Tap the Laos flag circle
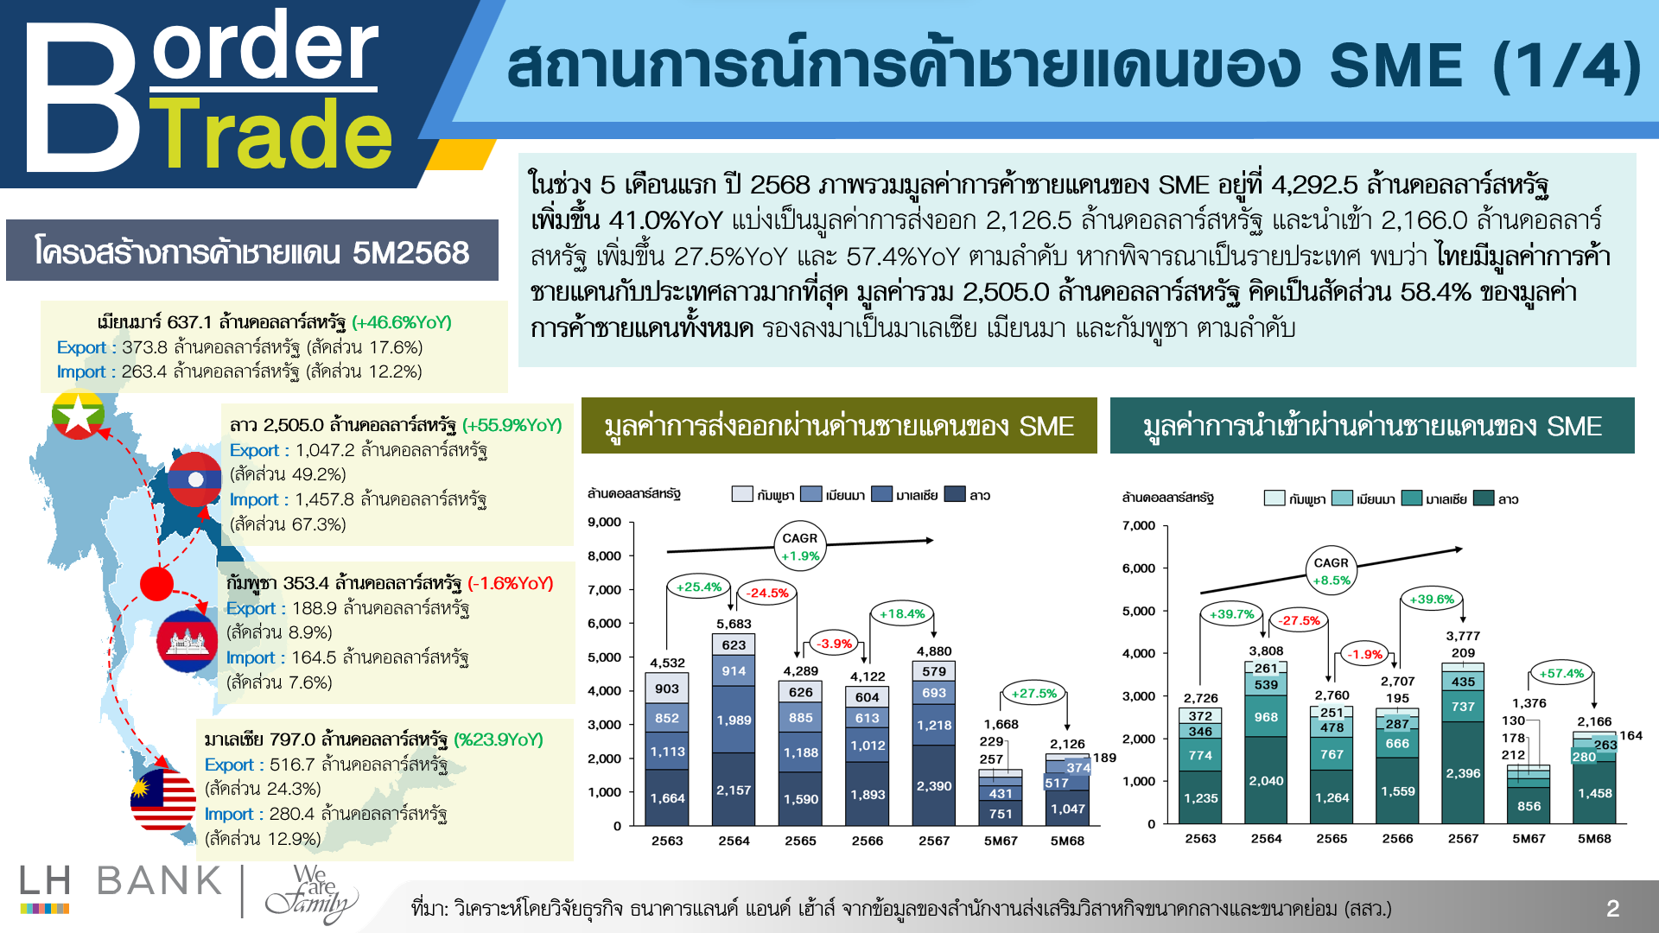[194, 479]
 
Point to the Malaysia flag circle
[163, 800]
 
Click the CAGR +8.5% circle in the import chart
[1332, 571]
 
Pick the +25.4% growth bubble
[698, 587]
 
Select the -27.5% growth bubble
[1300, 620]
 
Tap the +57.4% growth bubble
[1562, 673]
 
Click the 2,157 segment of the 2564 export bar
[734, 790]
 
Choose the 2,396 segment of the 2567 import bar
[1463, 772]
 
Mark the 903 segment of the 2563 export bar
[667, 689]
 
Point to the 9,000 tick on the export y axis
[604, 522]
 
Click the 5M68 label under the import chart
[1594, 838]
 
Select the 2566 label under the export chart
[868, 841]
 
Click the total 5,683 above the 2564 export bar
[734, 624]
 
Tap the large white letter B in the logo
[81, 97]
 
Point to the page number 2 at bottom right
[1612, 908]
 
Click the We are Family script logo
[312, 893]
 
